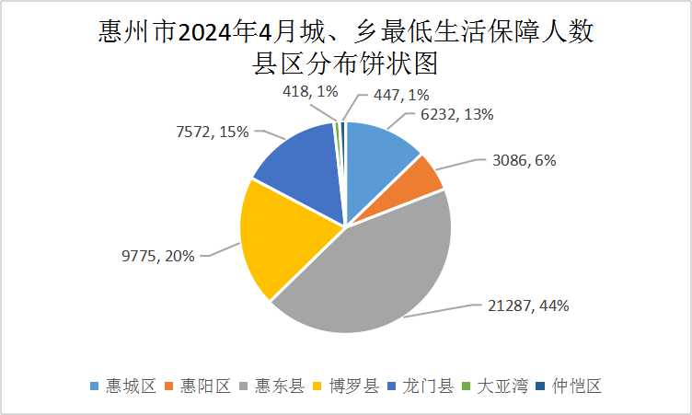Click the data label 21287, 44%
click(x=525, y=305)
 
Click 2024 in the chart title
click(x=206, y=34)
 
